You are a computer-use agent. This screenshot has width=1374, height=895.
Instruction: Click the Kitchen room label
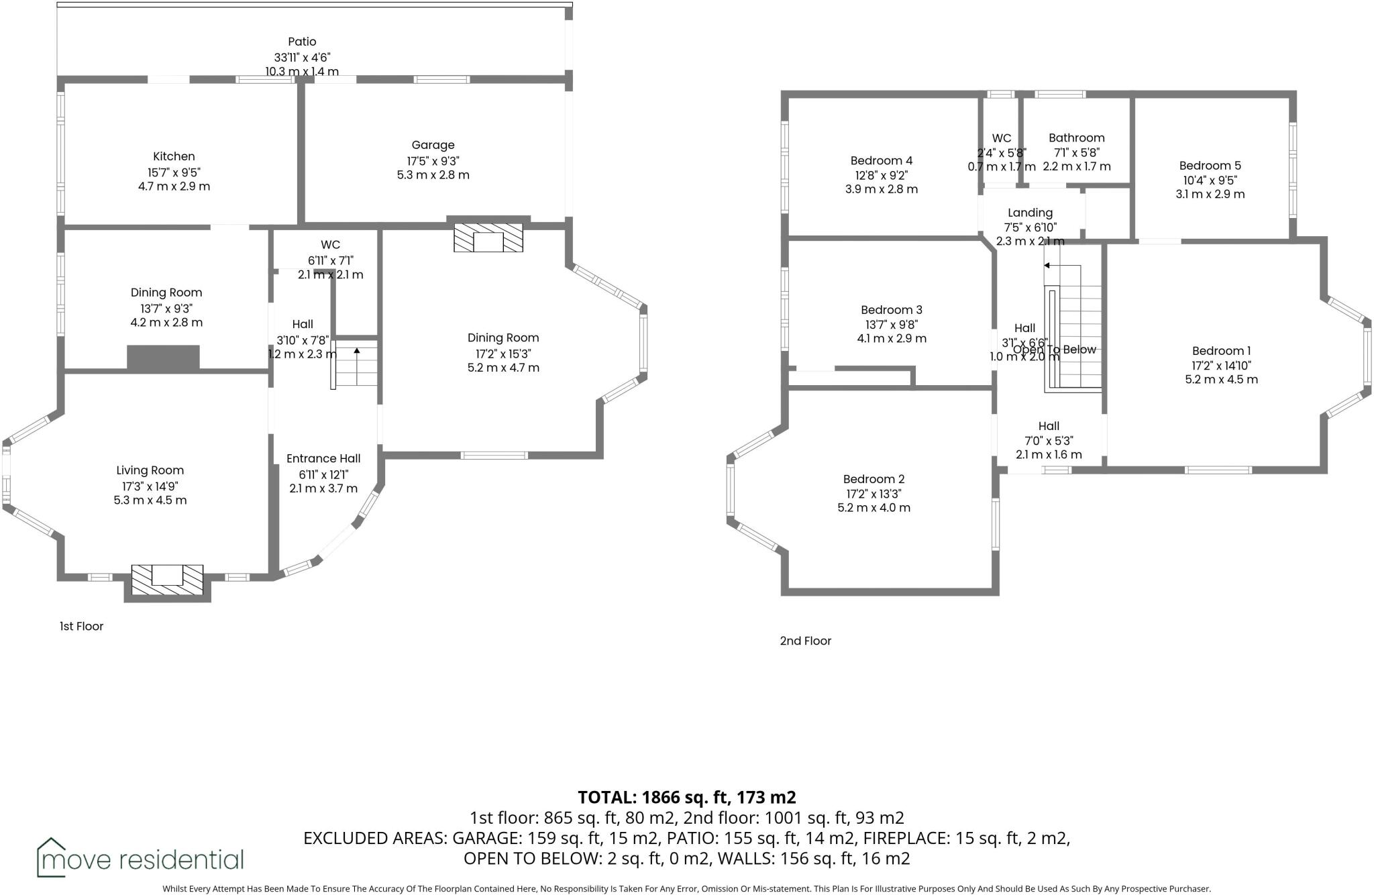click(x=174, y=156)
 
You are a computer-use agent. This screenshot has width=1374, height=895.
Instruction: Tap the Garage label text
click(x=433, y=145)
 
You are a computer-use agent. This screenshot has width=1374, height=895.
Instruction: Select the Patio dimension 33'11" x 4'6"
click(x=302, y=58)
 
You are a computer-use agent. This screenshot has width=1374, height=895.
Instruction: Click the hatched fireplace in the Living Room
click(x=167, y=580)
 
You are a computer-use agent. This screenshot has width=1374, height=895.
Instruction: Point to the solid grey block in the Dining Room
click(x=164, y=357)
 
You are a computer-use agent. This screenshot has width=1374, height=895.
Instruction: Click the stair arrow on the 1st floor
click(x=357, y=351)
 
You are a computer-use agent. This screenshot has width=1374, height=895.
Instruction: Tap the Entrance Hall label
click(x=323, y=459)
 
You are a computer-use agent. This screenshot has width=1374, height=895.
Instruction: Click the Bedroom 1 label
click(x=1221, y=351)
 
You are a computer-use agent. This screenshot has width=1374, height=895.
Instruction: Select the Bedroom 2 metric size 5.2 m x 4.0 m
click(x=874, y=508)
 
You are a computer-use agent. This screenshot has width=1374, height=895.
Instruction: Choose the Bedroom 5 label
click(x=1210, y=166)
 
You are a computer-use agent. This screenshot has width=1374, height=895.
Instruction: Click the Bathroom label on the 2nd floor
click(x=1076, y=138)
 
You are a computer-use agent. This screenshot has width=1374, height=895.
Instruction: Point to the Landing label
click(x=1030, y=213)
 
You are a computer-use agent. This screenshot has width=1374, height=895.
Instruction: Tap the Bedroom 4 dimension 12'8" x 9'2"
click(x=881, y=175)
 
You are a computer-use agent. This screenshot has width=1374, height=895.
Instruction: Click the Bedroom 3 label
click(x=891, y=310)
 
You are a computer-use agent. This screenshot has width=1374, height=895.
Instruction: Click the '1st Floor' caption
click(x=81, y=626)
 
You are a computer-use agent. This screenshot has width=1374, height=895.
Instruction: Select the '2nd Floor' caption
click(x=805, y=641)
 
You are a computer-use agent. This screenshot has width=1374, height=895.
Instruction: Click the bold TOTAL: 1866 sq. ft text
click(x=686, y=797)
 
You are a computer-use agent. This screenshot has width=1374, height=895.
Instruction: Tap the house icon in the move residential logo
click(x=51, y=857)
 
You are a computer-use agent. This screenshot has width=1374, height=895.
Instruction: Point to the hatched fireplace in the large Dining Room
click(x=488, y=239)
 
